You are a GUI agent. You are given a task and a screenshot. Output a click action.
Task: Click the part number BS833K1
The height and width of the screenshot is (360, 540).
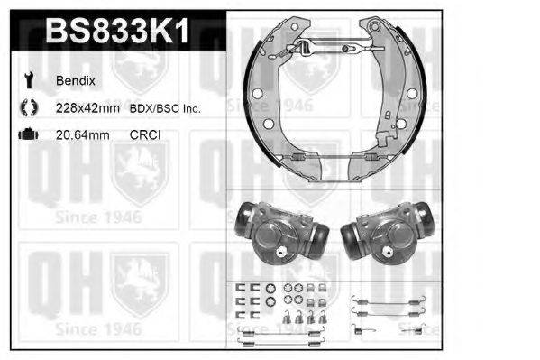click(x=117, y=32)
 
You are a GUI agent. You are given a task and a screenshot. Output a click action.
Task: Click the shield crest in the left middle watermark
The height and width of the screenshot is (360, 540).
click(x=141, y=171)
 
